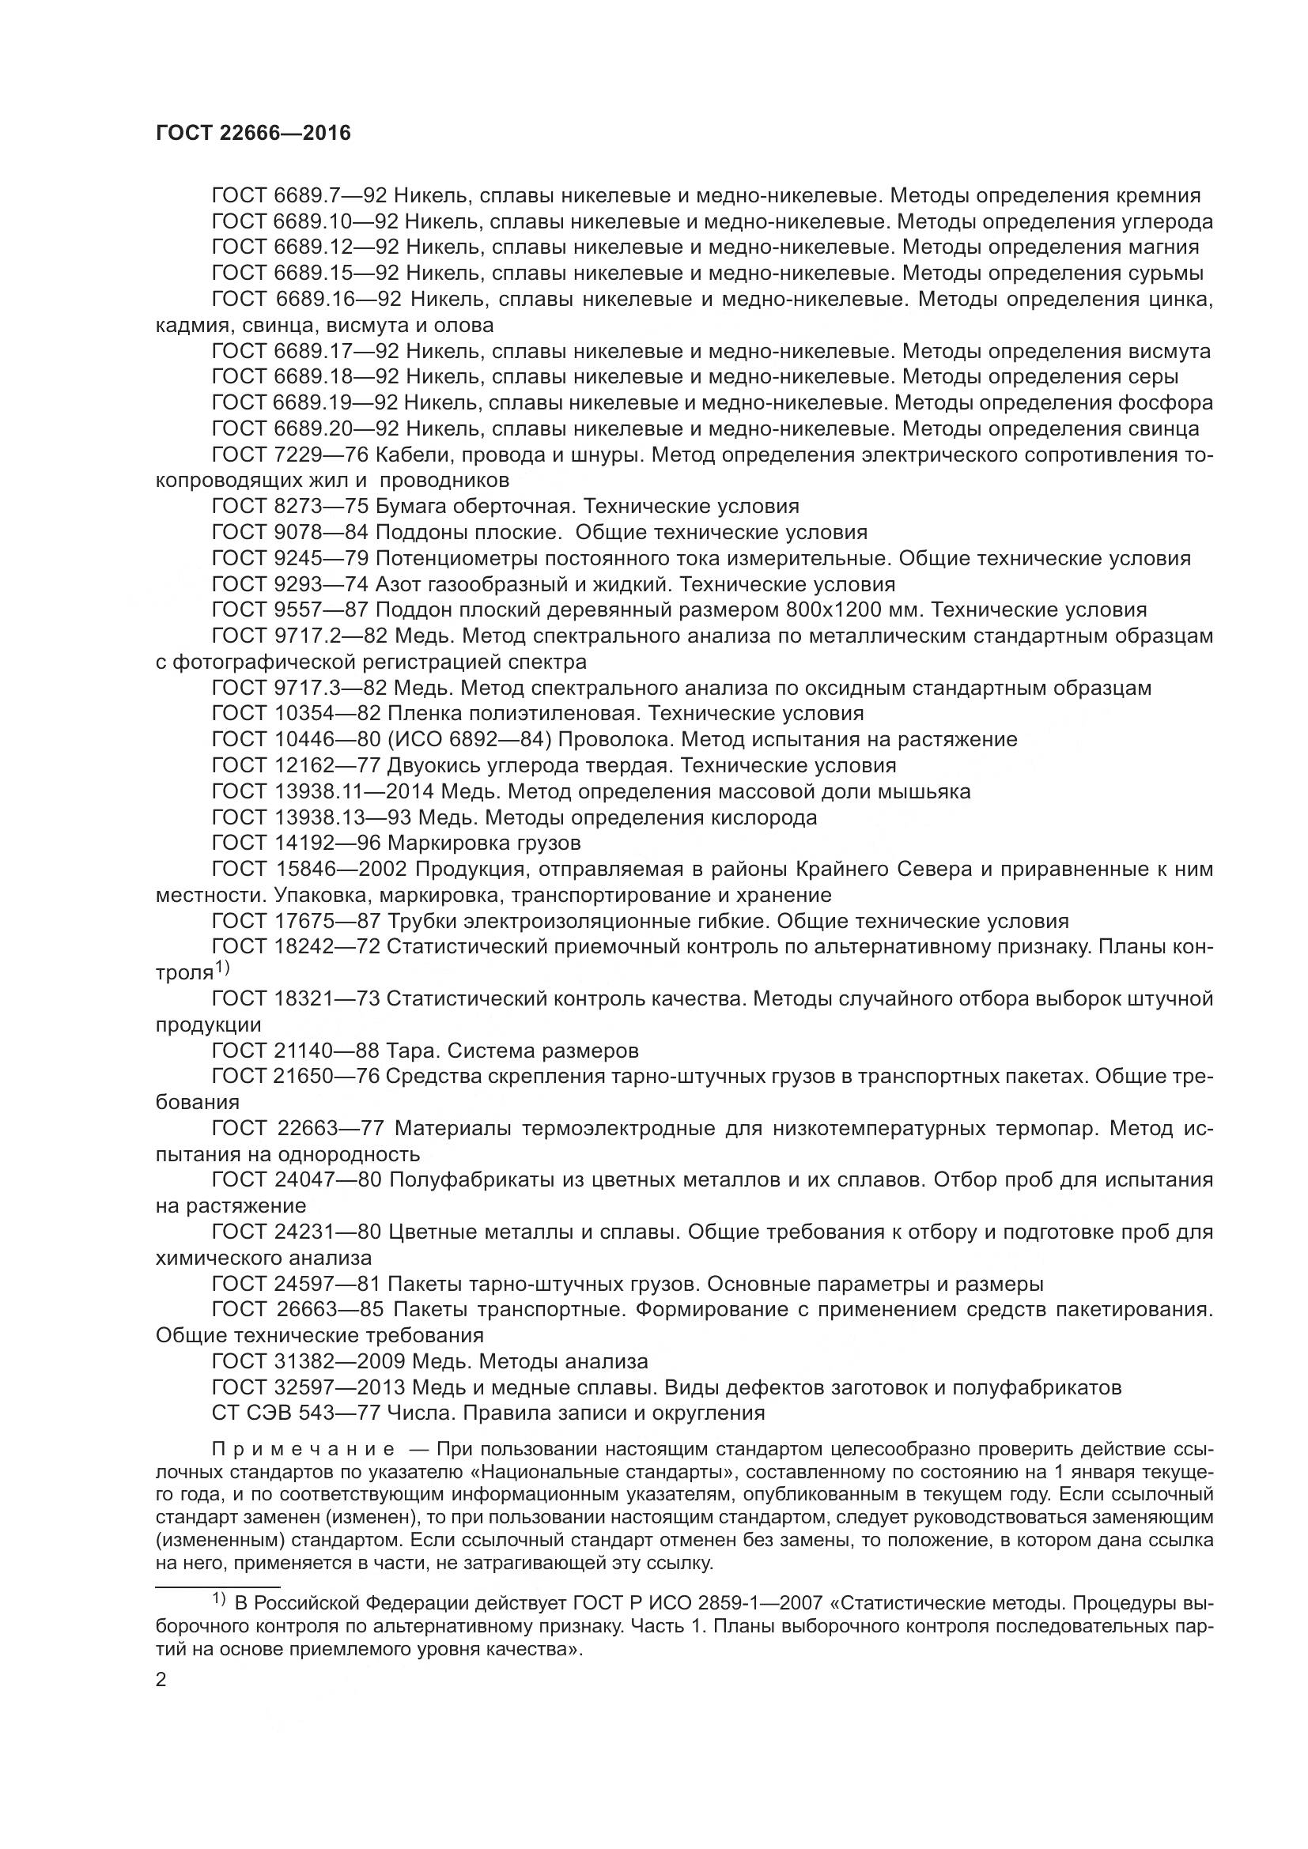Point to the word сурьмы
point(1166,273)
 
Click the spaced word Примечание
point(303,1450)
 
